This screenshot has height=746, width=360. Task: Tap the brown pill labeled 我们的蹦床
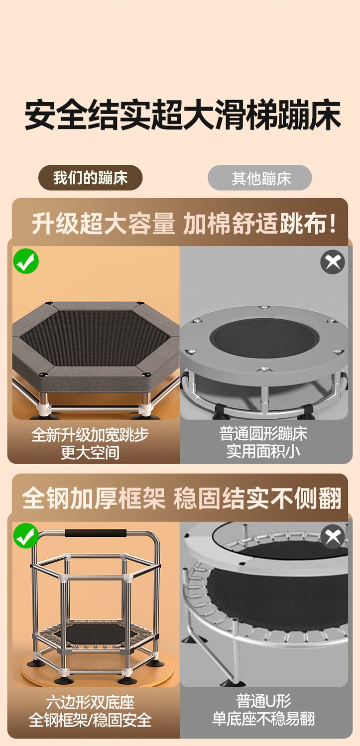click(90, 177)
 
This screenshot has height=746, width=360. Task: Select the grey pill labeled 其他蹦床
click(260, 178)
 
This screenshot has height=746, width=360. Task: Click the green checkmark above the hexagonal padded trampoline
click(26, 261)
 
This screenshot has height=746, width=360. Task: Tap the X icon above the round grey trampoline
click(333, 262)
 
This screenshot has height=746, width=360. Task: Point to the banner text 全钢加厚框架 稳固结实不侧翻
click(182, 498)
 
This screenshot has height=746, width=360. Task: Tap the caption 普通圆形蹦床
click(263, 434)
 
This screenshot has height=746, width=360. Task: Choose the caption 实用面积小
click(263, 451)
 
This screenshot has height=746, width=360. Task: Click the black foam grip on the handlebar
click(96, 533)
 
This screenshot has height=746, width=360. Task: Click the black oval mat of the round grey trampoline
click(265, 338)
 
